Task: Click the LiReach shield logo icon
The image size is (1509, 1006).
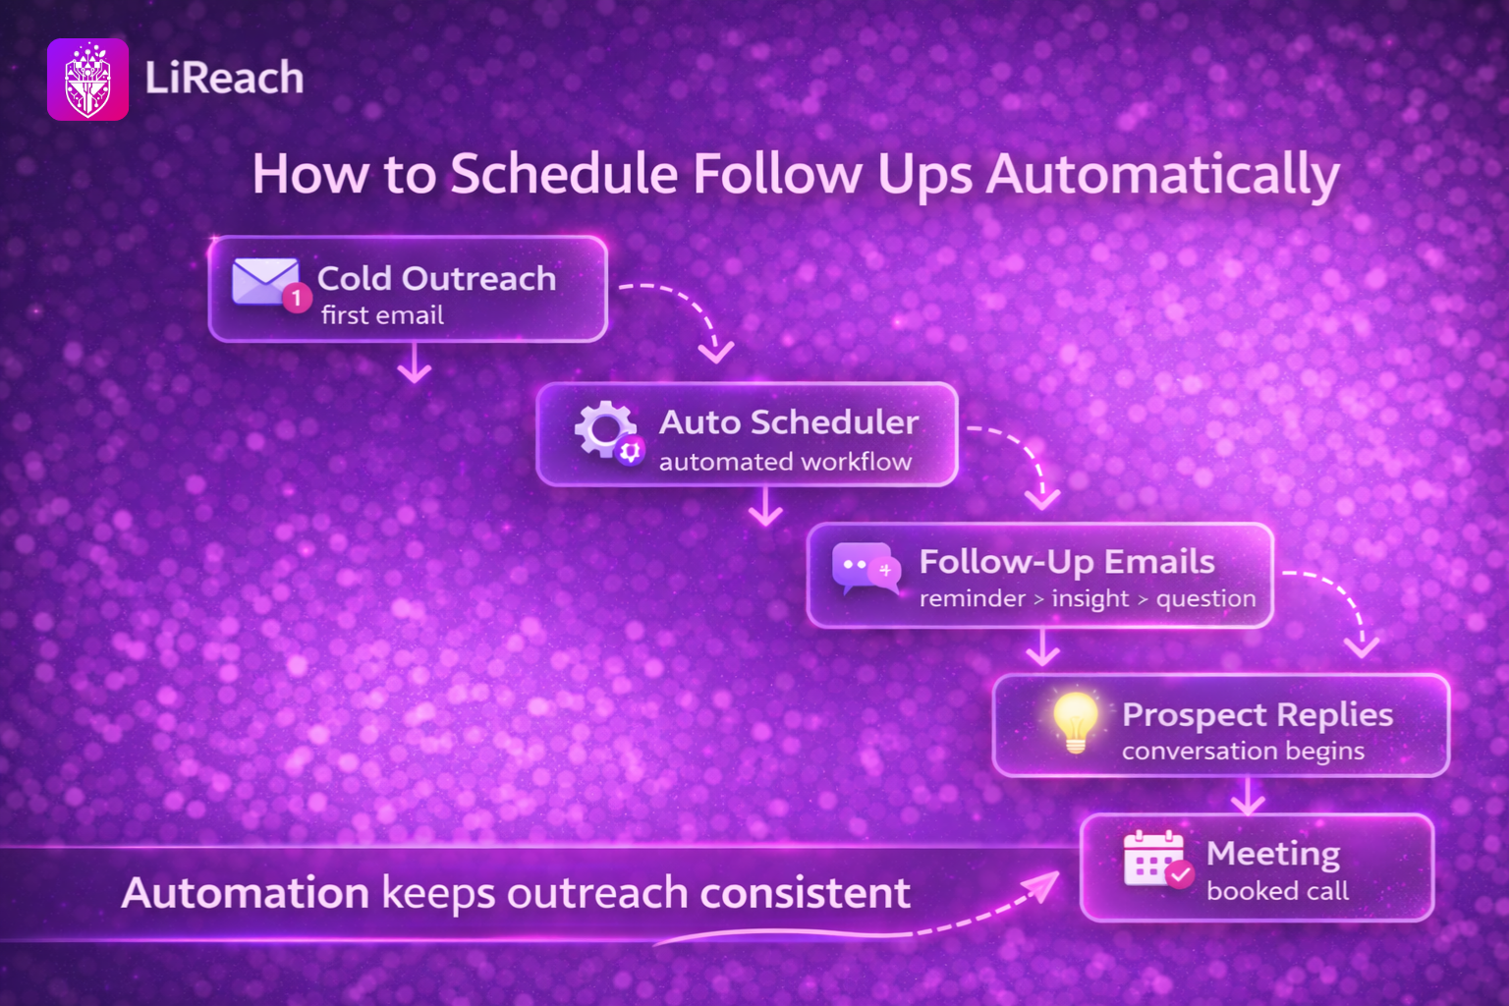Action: (87, 80)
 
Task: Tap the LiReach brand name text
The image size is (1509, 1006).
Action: (224, 78)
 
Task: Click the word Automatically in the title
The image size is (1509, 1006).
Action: (1163, 175)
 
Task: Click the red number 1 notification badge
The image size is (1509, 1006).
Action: (297, 298)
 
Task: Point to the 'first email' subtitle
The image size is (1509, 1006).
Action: (382, 315)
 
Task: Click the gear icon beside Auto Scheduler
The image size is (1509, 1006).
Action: (605, 430)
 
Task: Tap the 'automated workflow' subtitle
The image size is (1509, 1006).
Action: (786, 462)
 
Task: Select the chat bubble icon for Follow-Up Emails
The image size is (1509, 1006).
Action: (865, 569)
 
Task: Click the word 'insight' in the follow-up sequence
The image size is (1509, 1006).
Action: (1090, 598)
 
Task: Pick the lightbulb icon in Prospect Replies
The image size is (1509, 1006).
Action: (1075, 722)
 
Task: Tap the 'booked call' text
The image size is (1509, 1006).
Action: (1277, 891)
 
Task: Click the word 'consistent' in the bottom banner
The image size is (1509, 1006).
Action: (806, 893)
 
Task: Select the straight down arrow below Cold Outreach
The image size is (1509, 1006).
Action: (415, 363)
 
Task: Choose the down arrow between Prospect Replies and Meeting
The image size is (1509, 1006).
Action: (1248, 796)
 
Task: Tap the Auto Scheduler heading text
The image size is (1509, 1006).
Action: (789, 422)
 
